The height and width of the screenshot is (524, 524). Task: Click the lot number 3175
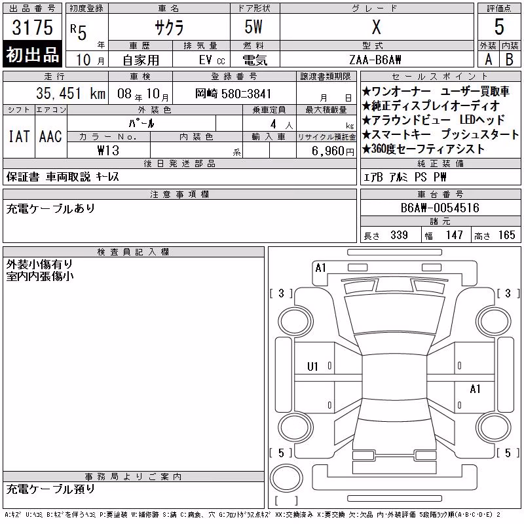32,27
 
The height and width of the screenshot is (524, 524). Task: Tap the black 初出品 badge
32,54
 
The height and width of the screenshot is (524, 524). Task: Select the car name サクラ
169,27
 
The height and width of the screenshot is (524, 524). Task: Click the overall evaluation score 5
499,27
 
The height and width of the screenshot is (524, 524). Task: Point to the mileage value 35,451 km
71,93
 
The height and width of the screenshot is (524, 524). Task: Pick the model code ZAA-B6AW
375,60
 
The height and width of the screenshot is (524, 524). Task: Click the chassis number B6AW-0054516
440,208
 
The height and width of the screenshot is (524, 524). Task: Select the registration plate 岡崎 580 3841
233,94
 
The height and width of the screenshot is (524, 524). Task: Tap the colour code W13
108,151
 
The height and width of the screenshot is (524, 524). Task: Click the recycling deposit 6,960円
333,151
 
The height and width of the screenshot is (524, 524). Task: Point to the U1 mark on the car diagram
312,367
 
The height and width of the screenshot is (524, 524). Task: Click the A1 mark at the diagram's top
320,268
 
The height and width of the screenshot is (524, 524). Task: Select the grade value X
376,27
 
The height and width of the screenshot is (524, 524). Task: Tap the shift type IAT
19,136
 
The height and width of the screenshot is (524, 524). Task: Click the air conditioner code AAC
50,136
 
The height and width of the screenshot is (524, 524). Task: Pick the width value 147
454,235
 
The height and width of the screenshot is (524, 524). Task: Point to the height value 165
506,235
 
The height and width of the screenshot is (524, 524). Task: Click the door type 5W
253,27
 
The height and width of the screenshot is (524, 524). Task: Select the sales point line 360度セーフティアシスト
423,149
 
